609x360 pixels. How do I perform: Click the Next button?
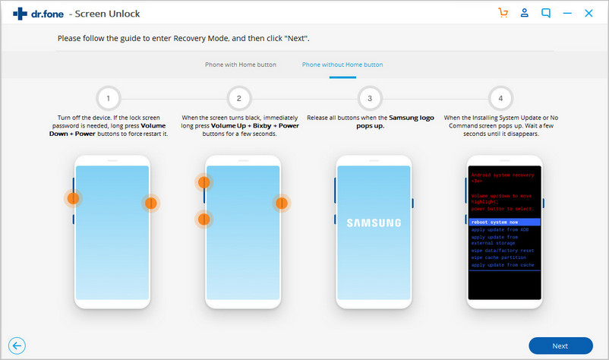560,346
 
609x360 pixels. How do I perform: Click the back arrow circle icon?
14,346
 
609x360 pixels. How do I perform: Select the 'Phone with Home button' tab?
241,65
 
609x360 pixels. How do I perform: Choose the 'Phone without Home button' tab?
342,65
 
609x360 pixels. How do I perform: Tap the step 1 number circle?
109,99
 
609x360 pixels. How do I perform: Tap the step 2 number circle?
239,99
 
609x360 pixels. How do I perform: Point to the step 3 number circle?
370,99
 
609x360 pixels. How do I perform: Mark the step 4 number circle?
500,99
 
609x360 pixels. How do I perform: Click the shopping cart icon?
503,13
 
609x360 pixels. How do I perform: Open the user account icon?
524,13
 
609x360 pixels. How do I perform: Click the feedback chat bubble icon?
546,13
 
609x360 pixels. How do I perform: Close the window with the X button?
588,13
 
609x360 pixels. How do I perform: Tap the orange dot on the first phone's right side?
150,203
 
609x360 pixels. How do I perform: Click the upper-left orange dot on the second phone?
204,182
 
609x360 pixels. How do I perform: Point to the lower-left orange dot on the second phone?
204,219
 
